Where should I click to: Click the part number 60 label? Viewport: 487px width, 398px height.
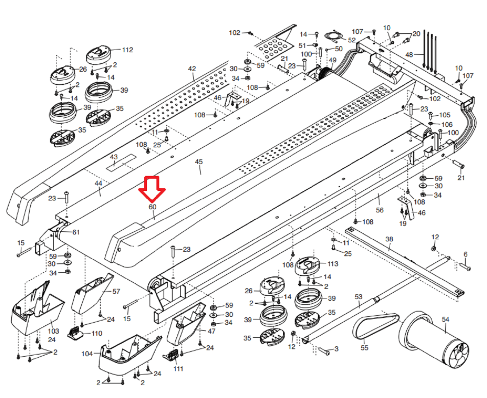(152, 207)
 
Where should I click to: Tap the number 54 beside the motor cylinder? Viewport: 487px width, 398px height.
(445, 319)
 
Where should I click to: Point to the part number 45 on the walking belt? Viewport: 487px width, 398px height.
(199, 162)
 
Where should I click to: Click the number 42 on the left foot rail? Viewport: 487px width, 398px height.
(192, 68)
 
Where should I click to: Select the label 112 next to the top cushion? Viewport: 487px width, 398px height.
(127, 50)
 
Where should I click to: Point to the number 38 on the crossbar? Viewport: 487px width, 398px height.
(389, 239)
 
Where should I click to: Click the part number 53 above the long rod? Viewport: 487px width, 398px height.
(358, 297)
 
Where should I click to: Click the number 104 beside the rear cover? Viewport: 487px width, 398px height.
(87, 353)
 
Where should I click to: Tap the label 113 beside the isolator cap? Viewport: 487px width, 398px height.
(333, 264)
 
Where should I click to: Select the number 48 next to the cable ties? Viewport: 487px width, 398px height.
(409, 55)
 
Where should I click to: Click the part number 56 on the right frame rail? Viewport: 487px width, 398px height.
(379, 210)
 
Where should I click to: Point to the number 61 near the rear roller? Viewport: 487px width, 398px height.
(76, 232)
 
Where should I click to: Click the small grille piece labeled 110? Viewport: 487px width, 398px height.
(76, 333)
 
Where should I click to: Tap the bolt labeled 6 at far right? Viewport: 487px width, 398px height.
(465, 267)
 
